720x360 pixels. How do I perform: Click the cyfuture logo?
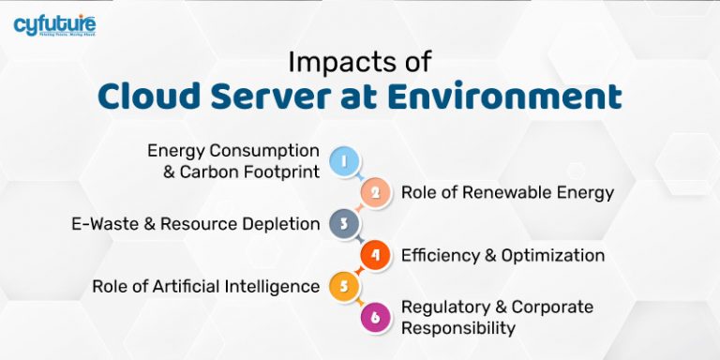pos(54,25)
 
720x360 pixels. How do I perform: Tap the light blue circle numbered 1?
pos(345,161)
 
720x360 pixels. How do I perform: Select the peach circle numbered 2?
pos(375,192)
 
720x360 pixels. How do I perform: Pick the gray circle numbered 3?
pos(345,223)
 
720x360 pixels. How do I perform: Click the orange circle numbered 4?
pos(375,255)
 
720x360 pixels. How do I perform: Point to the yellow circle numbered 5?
pos(345,286)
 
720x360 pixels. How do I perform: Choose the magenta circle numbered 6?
pos(375,317)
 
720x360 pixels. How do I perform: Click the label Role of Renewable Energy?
pos(507,193)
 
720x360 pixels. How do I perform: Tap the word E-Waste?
pos(103,224)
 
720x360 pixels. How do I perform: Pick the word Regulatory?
pos(442,307)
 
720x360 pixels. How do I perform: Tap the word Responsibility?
pos(458,327)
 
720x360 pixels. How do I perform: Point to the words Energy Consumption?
pos(233,151)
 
